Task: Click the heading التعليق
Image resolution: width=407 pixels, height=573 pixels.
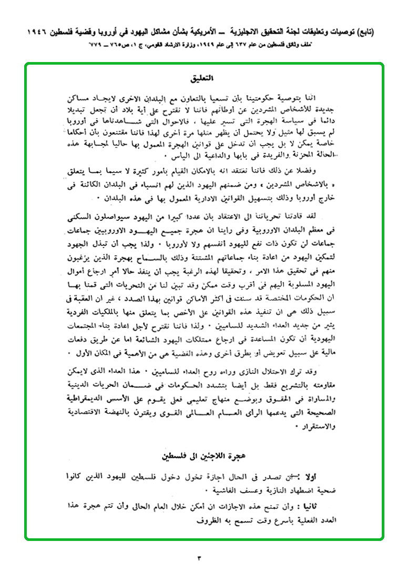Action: pos(203,80)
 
